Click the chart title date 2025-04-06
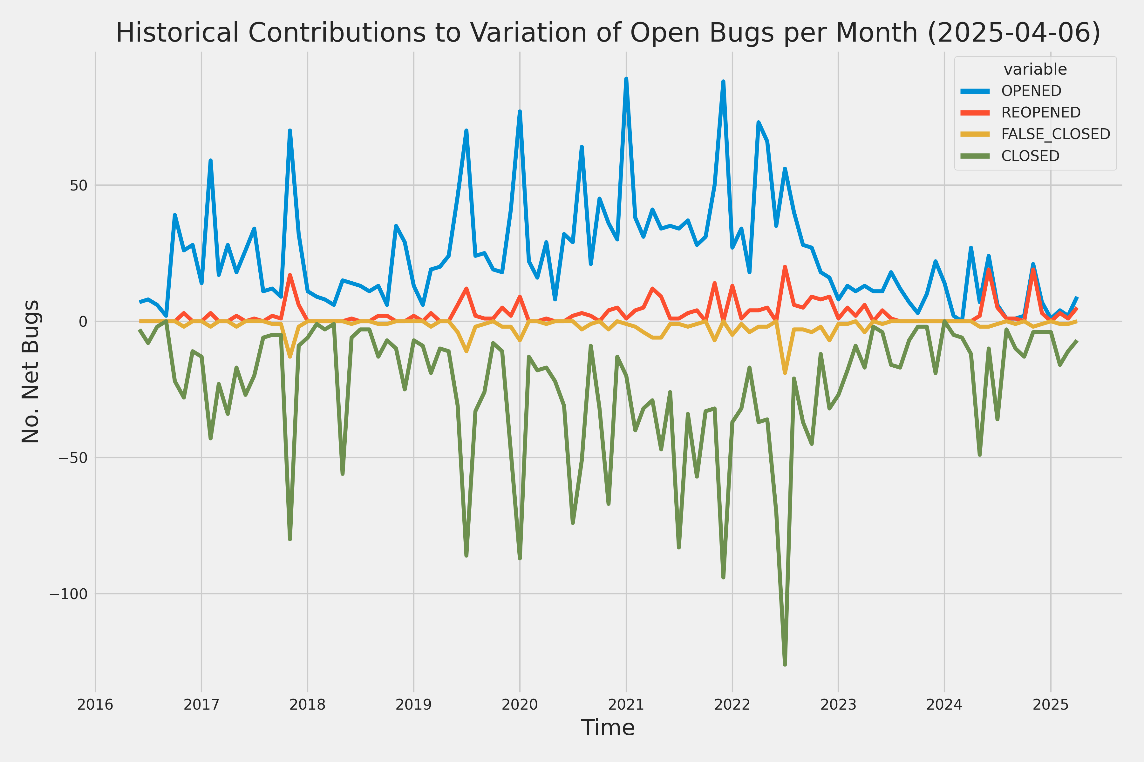pos(1014,33)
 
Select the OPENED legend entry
pos(1031,91)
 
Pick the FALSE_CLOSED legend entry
pos(1055,134)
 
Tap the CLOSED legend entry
pos(1030,156)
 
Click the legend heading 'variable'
pos(1035,70)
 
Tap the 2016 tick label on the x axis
pos(95,705)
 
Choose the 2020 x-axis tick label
pos(520,705)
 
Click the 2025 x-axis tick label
pos(1051,705)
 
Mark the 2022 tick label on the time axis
pos(732,705)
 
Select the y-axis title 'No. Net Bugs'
pos(30,371)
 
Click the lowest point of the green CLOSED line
pos(785,664)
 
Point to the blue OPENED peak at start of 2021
pos(626,79)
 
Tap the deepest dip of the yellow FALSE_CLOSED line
pos(785,373)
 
